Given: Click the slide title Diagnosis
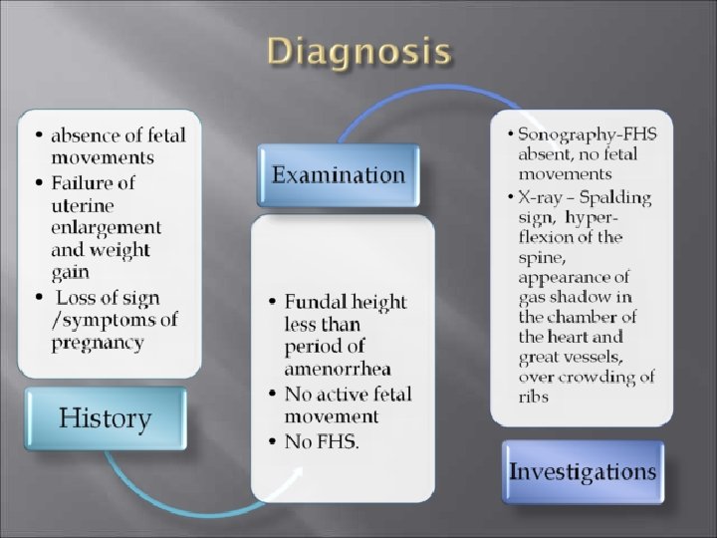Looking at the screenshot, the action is click(359, 52).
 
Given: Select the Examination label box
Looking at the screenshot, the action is click(339, 175).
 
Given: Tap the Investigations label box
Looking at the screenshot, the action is click(583, 470).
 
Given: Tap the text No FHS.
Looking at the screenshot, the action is click(322, 441).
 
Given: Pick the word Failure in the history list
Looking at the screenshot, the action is click(93, 183).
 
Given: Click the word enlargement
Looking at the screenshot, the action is click(106, 227).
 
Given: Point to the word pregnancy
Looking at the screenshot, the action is click(98, 342).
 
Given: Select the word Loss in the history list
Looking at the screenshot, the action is click(77, 298).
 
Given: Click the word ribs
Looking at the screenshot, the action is click(533, 397).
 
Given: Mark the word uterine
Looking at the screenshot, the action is click(83, 205).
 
